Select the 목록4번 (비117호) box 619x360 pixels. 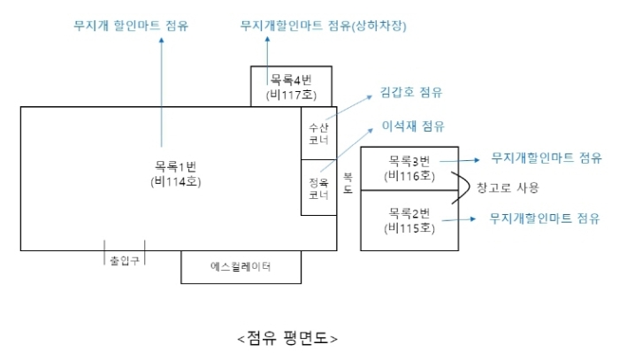(x=291, y=87)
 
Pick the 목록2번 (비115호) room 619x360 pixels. (x=409, y=221)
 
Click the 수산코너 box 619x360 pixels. (x=318, y=134)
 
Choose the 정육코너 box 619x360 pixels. (x=318, y=188)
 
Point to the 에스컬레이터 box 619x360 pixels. (x=241, y=266)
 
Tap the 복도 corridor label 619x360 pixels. (x=348, y=183)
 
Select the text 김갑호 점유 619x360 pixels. (x=411, y=92)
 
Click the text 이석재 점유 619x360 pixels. (x=413, y=126)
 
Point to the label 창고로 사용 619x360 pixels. (x=507, y=188)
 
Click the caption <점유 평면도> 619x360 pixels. (x=287, y=338)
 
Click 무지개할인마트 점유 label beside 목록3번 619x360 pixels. (x=546, y=158)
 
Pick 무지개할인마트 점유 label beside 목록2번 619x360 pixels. (x=545, y=218)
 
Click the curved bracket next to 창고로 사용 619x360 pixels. (x=462, y=188)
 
